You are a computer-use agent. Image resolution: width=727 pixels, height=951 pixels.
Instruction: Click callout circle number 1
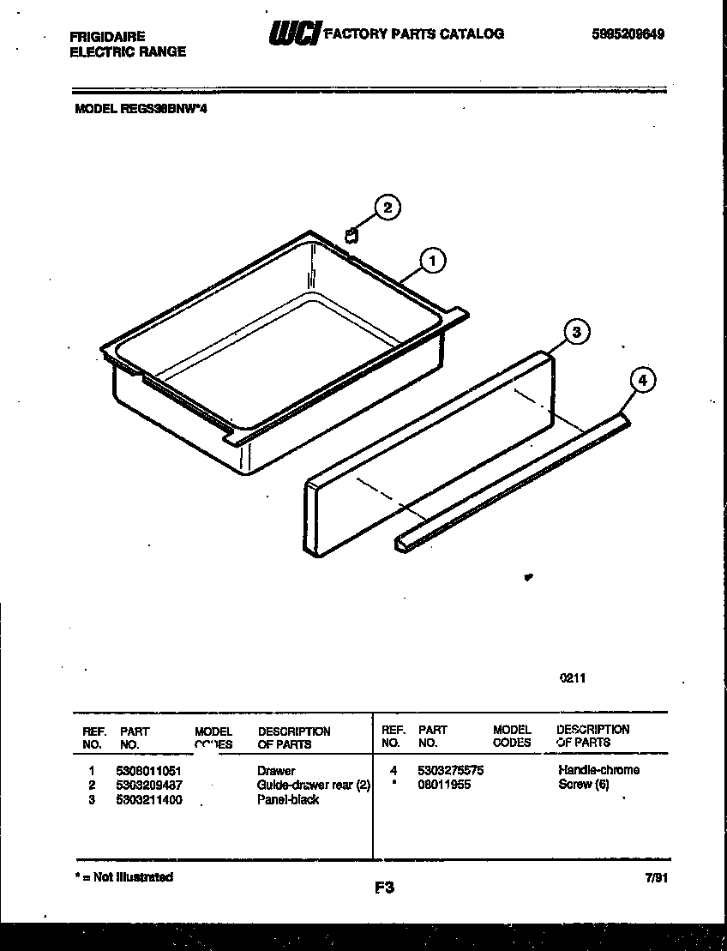click(x=434, y=260)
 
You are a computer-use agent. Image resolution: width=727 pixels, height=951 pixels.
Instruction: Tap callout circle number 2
click(x=388, y=208)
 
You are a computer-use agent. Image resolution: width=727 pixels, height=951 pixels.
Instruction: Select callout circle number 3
click(x=577, y=333)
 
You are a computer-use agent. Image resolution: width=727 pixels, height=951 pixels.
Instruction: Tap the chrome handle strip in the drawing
click(x=514, y=480)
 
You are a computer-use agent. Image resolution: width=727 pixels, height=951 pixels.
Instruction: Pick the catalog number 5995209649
click(x=628, y=34)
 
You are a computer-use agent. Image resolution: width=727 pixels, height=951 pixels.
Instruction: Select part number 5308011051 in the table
click(x=148, y=771)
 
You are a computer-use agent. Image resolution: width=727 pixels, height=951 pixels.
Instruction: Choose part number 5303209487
click(x=148, y=785)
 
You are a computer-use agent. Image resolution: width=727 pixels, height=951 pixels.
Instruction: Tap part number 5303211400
click(x=148, y=799)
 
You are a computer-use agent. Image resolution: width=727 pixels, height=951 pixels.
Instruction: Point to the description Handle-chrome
click(x=598, y=770)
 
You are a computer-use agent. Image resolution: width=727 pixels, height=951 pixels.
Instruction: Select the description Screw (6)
click(x=583, y=784)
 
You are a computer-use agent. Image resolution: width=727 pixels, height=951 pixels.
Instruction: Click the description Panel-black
click(x=288, y=799)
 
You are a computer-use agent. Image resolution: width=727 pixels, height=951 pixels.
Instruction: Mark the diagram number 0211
click(x=573, y=677)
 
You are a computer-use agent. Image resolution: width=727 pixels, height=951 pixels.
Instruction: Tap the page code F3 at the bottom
click(x=383, y=888)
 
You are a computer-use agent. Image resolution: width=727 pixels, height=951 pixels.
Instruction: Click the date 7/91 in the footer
click(x=654, y=878)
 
